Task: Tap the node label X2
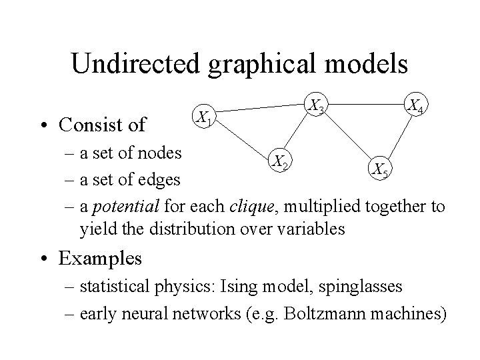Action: [x=278, y=160]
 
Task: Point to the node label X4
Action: [x=418, y=105]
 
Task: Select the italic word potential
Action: [x=120, y=207]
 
